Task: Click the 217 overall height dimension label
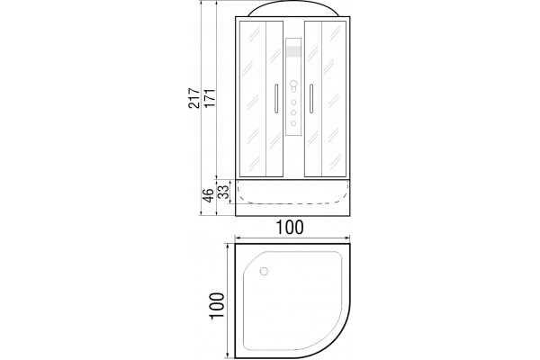pyautogui.click(x=193, y=98)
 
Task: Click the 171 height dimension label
pyautogui.click(x=210, y=98)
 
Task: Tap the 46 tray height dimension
pyautogui.click(x=208, y=196)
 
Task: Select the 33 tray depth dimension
pyautogui.click(x=223, y=192)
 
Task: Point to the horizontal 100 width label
pyautogui.click(x=290, y=228)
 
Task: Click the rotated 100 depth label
pyautogui.click(x=217, y=306)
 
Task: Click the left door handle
pyautogui.click(x=276, y=98)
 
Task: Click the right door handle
pyautogui.click(x=311, y=98)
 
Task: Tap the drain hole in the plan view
pyautogui.click(x=264, y=272)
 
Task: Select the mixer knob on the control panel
pyautogui.click(x=293, y=85)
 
